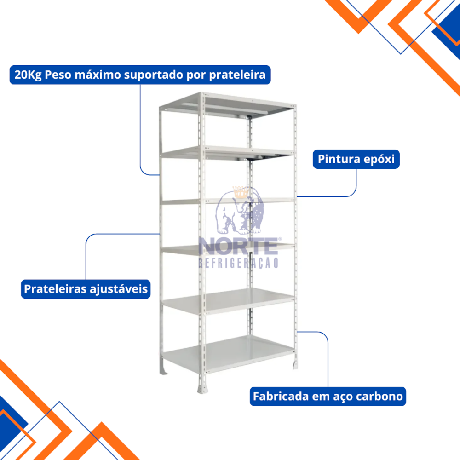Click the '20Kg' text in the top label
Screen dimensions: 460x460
point(28,75)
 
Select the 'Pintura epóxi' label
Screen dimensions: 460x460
point(356,159)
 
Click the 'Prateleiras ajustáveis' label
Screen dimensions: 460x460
point(86,289)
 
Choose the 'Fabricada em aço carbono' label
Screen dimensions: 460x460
point(328,397)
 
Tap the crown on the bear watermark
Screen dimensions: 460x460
point(240,192)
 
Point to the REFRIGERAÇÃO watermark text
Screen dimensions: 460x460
point(238,263)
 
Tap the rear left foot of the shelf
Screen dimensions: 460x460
point(163,370)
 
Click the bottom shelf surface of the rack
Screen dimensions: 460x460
point(228,353)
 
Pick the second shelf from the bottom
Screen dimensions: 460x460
point(228,301)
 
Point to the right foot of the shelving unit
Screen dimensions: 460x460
point(295,363)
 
